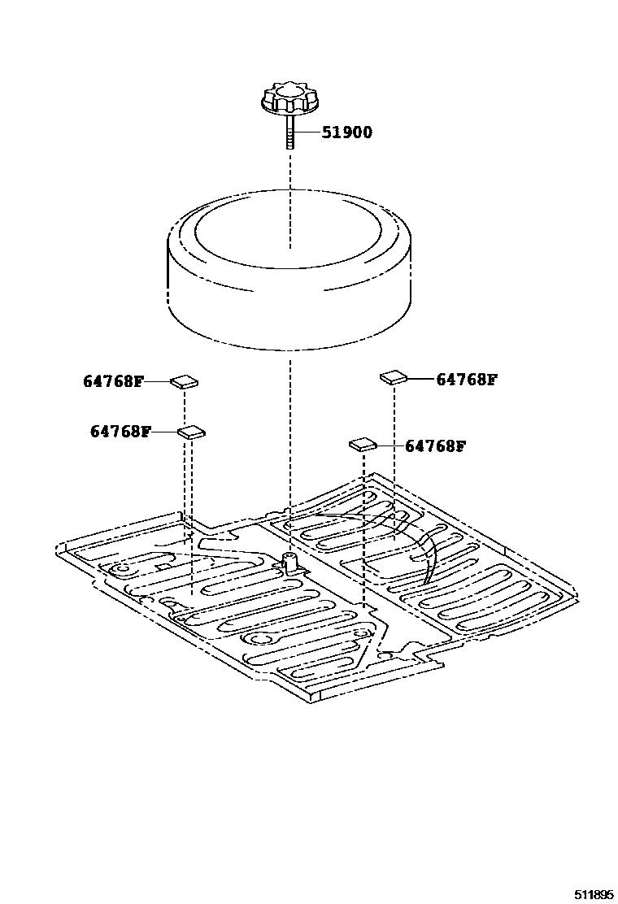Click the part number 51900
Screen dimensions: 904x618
tap(346, 133)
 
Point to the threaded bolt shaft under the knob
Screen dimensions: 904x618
tap(289, 130)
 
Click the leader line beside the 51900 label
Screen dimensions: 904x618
tap(307, 133)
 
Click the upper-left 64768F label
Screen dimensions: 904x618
tap(112, 380)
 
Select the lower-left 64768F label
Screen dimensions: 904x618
tap(120, 432)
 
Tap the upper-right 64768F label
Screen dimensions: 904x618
tap(466, 379)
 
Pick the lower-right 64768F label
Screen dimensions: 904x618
tap(435, 446)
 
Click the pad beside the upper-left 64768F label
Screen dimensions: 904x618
tap(185, 380)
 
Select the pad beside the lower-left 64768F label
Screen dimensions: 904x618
tap(192, 432)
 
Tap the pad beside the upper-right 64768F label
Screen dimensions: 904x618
tap(394, 376)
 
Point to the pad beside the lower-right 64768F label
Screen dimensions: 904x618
tap(362, 444)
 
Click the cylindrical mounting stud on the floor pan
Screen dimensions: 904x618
tap(289, 562)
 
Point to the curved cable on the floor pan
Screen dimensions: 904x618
tap(429, 561)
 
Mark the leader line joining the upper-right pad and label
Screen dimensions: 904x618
tap(420, 379)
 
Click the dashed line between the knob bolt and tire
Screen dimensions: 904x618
tap(289, 175)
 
